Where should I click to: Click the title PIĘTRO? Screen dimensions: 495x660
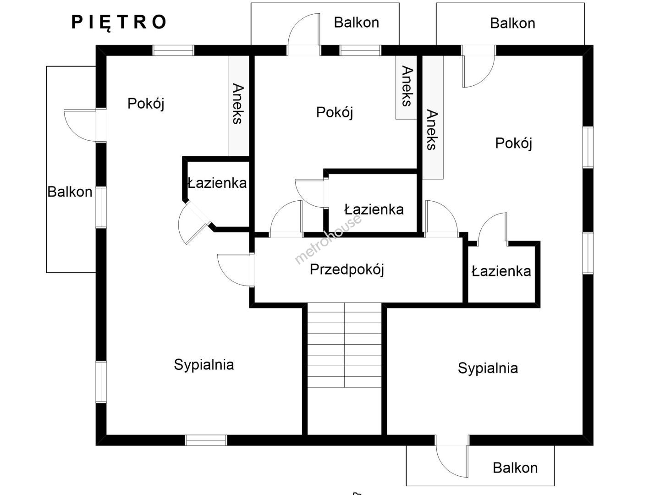(119, 22)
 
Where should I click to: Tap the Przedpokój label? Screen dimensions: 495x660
(346, 269)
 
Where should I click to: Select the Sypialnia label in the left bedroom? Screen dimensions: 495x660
(204, 365)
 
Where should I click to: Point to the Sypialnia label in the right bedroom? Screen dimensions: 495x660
(488, 368)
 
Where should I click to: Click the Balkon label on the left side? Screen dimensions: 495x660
(70, 192)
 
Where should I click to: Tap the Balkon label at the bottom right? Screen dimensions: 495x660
(515, 468)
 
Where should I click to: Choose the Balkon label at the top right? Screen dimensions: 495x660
(512, 23)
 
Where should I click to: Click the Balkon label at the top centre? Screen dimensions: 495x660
(356, 22)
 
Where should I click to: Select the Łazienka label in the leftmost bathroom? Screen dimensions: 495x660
(217, 183)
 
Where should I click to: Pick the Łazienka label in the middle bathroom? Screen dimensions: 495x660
(374, 210)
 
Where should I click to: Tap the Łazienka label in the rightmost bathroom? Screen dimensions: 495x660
(501, 271)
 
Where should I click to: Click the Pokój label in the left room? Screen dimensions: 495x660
(146, 104)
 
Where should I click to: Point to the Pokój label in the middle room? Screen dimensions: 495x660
(335, 112)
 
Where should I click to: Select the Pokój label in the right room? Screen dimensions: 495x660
(513, 143)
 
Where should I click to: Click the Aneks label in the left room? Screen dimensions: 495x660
(237, 104)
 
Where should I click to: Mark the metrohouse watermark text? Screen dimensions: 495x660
(328, 240)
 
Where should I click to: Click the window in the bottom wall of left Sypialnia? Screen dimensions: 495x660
(206, 440)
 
